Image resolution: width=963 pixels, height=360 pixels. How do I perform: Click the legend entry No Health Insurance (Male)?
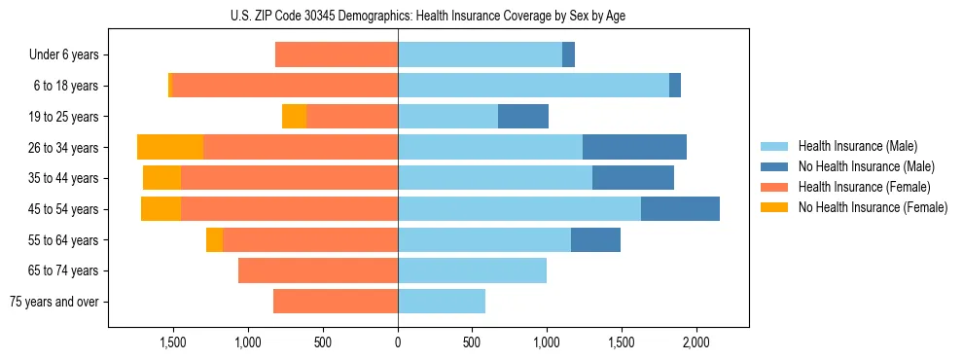tap(866, 166)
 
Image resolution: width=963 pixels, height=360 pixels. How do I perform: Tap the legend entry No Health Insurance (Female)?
tap(873, 207)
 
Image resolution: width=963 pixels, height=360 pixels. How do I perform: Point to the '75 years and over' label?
tap(53, 302)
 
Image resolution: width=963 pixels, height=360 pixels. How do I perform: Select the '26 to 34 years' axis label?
tap(62, 148)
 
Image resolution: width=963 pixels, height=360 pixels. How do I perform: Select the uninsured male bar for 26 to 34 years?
tap(634, 147)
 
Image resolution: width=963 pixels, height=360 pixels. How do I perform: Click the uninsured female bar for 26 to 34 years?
tap(170, 147)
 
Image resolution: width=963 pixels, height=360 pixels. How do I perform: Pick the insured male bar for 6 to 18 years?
tap(533, 86)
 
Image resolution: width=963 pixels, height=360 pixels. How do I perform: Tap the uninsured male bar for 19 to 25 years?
tap(523, 117)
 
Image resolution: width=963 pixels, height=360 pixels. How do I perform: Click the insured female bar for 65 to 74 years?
tap(318, 270)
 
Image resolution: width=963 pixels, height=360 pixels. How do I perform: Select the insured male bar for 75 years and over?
tap(442, 302)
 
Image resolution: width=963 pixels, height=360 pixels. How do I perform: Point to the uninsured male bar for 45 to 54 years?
tap(680, 208)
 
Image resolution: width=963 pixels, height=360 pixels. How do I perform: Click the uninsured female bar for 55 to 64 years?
tap(214, 239)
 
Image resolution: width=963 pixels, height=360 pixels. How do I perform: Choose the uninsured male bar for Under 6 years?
tap(568, 55)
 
